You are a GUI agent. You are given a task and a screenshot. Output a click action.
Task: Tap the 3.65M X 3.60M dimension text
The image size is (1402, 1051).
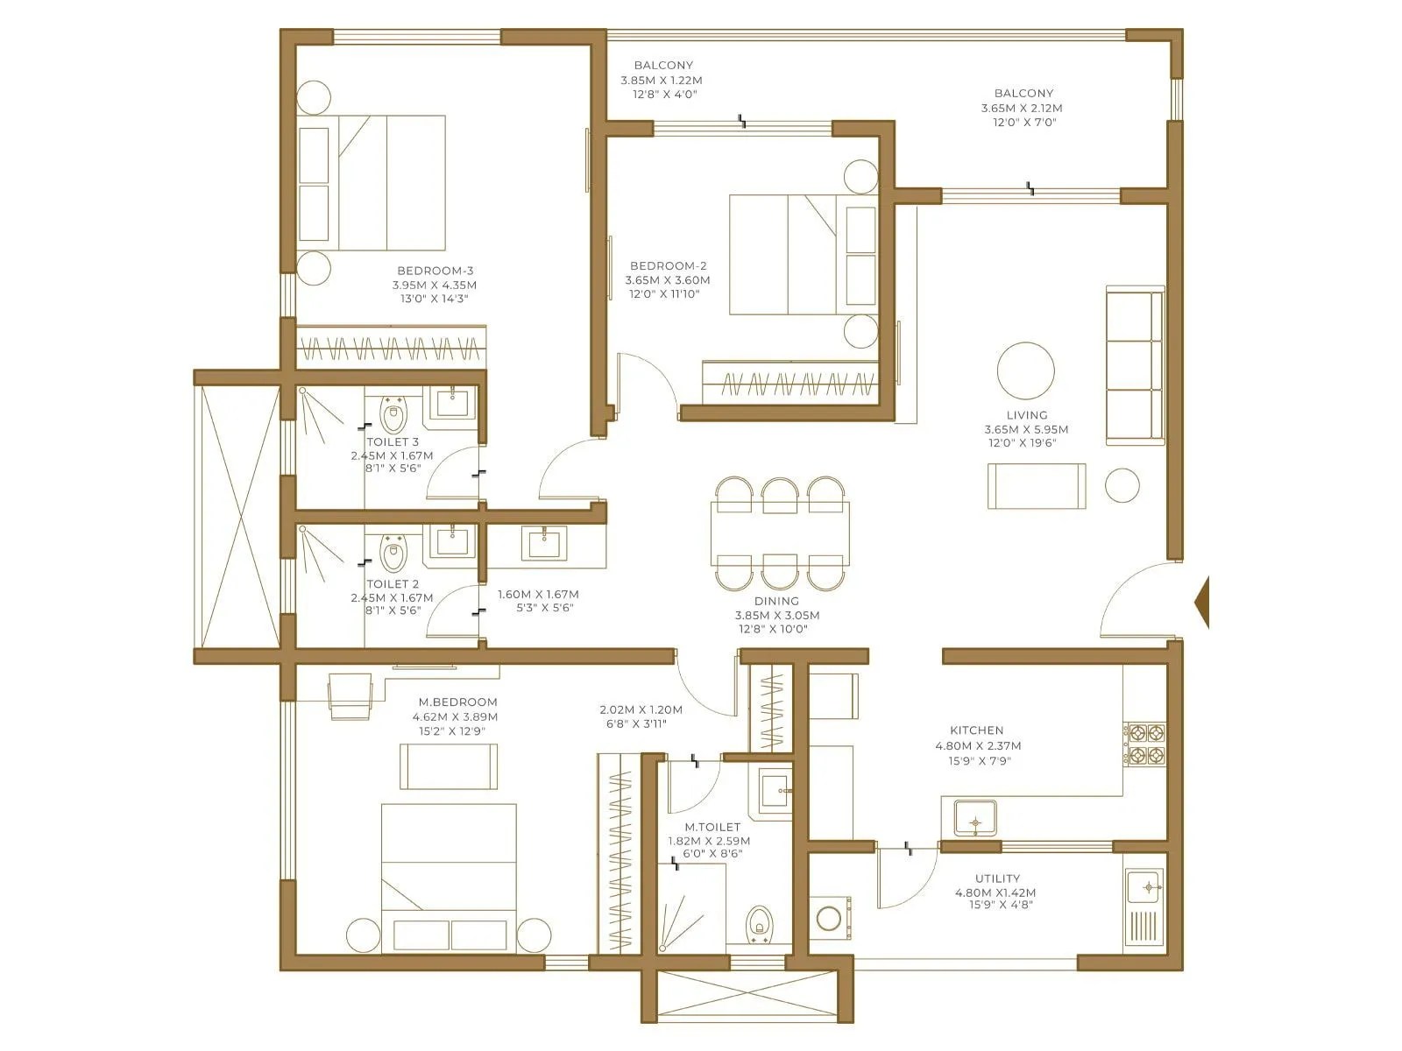668,280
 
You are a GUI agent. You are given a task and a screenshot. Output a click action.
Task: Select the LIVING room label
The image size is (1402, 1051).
1026,415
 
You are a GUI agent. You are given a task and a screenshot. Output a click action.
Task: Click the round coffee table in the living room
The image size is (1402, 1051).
1025,370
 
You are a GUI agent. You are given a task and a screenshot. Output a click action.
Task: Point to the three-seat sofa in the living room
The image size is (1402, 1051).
1135,364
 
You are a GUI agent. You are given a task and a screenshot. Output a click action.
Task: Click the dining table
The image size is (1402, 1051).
780,533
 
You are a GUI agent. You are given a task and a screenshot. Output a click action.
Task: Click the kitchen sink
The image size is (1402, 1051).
974,821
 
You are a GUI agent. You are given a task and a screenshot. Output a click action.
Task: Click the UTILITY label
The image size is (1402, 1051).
997,878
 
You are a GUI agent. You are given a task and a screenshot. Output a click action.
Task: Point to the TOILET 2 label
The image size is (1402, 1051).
393,583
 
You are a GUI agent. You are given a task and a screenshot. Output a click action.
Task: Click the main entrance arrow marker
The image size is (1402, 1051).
1202,603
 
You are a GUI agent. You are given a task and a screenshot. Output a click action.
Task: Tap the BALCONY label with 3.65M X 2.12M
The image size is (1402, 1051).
1023,93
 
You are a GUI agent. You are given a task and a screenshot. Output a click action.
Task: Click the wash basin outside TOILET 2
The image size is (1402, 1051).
544,542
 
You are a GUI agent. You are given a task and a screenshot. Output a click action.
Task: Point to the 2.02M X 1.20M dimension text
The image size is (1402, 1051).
641,709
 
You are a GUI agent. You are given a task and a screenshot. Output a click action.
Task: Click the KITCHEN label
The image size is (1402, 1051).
976,730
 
